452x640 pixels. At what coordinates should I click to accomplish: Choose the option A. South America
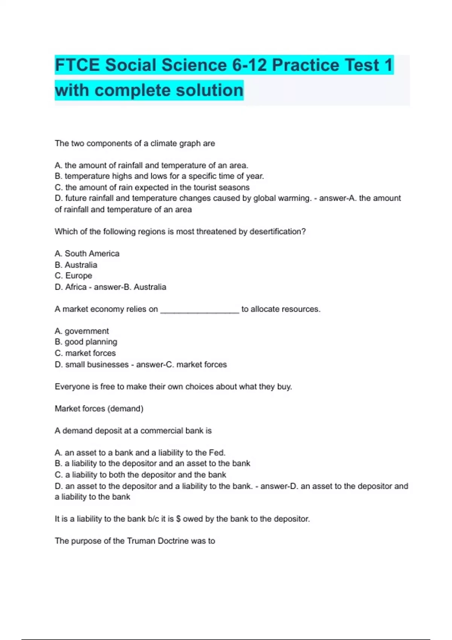pos(87,254)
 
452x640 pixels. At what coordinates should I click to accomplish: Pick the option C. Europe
pos(73,276)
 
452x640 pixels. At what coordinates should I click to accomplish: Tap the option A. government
pos(82,331)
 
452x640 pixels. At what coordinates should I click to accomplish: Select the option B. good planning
pos(86,342)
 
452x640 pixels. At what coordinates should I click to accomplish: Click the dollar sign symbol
pos(179,519)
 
